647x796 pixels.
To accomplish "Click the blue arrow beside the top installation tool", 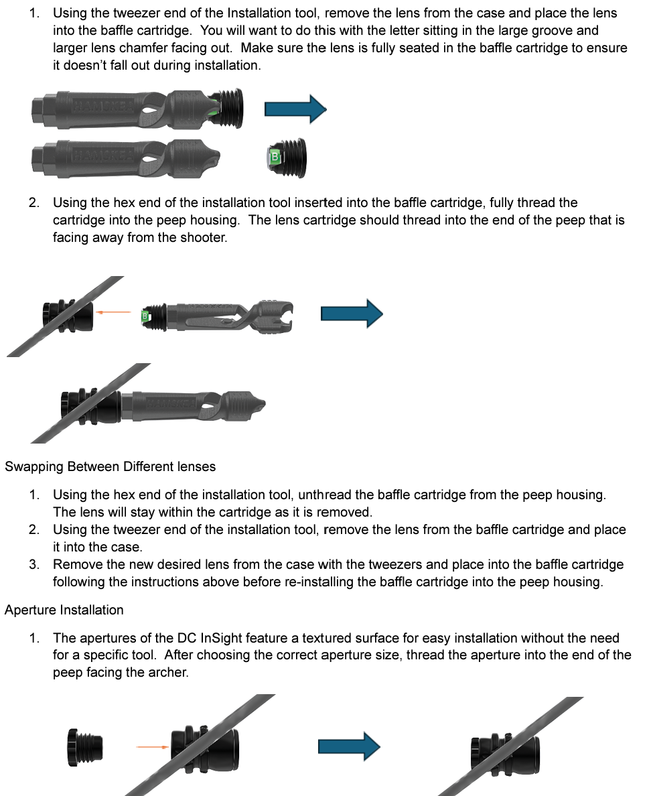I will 295,109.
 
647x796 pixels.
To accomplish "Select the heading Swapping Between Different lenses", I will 110,466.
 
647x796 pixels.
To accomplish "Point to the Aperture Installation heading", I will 64,610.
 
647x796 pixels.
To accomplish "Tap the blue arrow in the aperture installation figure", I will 349,746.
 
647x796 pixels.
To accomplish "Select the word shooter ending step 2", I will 204,237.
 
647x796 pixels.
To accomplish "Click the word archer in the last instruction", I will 167,673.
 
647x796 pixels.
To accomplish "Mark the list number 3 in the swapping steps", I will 33,564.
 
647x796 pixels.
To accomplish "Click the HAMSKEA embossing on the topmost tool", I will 102,105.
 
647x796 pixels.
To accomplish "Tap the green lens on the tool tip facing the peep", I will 144,316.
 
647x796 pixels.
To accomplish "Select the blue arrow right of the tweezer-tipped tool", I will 352,314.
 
